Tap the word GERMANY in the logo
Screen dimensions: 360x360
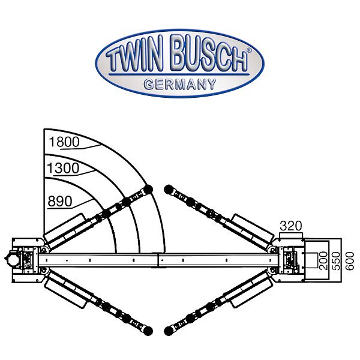tap(179, 85)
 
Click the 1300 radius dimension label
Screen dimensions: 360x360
tap(63, 169)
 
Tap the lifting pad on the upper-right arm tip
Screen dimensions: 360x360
tap(167, 190)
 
